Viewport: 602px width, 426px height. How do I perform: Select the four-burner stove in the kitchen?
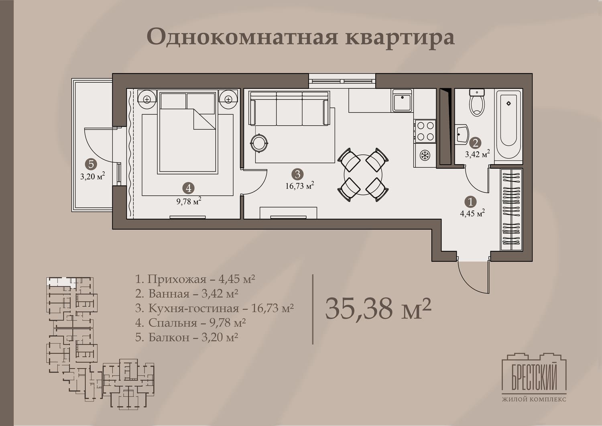tap(425, 131)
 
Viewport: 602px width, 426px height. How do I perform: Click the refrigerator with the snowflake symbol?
tap(425, 155)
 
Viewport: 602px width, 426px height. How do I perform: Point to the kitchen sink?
tap(402, 101)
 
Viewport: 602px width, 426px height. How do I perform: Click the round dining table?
tap(363, 175)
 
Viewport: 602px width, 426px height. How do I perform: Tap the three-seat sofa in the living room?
tap(289, 108)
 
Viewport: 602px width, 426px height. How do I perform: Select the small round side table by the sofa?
tap(259, 143)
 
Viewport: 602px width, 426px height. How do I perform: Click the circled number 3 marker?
tap(297, 174)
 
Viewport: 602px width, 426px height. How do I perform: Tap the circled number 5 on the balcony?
tap(91, 164)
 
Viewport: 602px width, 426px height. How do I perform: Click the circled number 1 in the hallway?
tap(470, 202)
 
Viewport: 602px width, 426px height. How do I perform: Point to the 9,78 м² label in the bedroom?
tap(189, 201)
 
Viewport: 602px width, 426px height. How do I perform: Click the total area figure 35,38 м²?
tap(378, 309)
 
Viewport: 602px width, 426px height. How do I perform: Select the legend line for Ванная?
tap(187, 294)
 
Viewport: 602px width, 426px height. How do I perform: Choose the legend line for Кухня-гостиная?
tap(214, 308)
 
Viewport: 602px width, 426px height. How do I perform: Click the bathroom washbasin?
tap(462, 134)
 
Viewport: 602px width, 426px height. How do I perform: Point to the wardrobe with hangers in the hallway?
tap(511, 210)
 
